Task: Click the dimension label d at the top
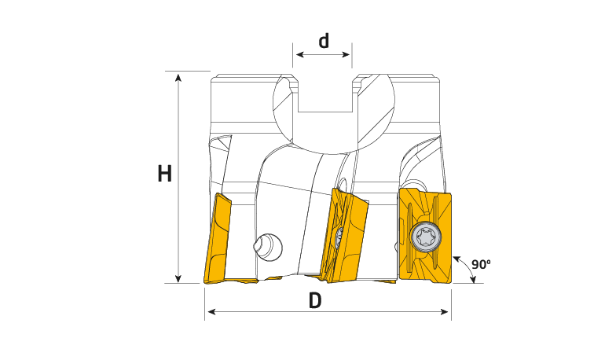coord(324,41)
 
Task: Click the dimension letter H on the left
coord(165,173)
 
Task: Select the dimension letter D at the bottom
coord(315,300)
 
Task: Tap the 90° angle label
coord(481,264)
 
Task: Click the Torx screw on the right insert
coord(425,237)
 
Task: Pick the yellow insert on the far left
coord(217,238)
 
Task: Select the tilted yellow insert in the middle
coord(345,235)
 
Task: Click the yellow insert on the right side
coord(425,236)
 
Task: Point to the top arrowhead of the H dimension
coord(178,79)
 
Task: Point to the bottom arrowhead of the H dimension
coord(178,277)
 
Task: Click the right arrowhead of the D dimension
coord(445,312)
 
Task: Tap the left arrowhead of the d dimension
coord(300,55)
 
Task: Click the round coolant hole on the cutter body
coord(268,247)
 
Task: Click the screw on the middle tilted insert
coord(339,236)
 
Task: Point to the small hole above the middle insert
coord(343,184)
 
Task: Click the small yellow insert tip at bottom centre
coord(274,277)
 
